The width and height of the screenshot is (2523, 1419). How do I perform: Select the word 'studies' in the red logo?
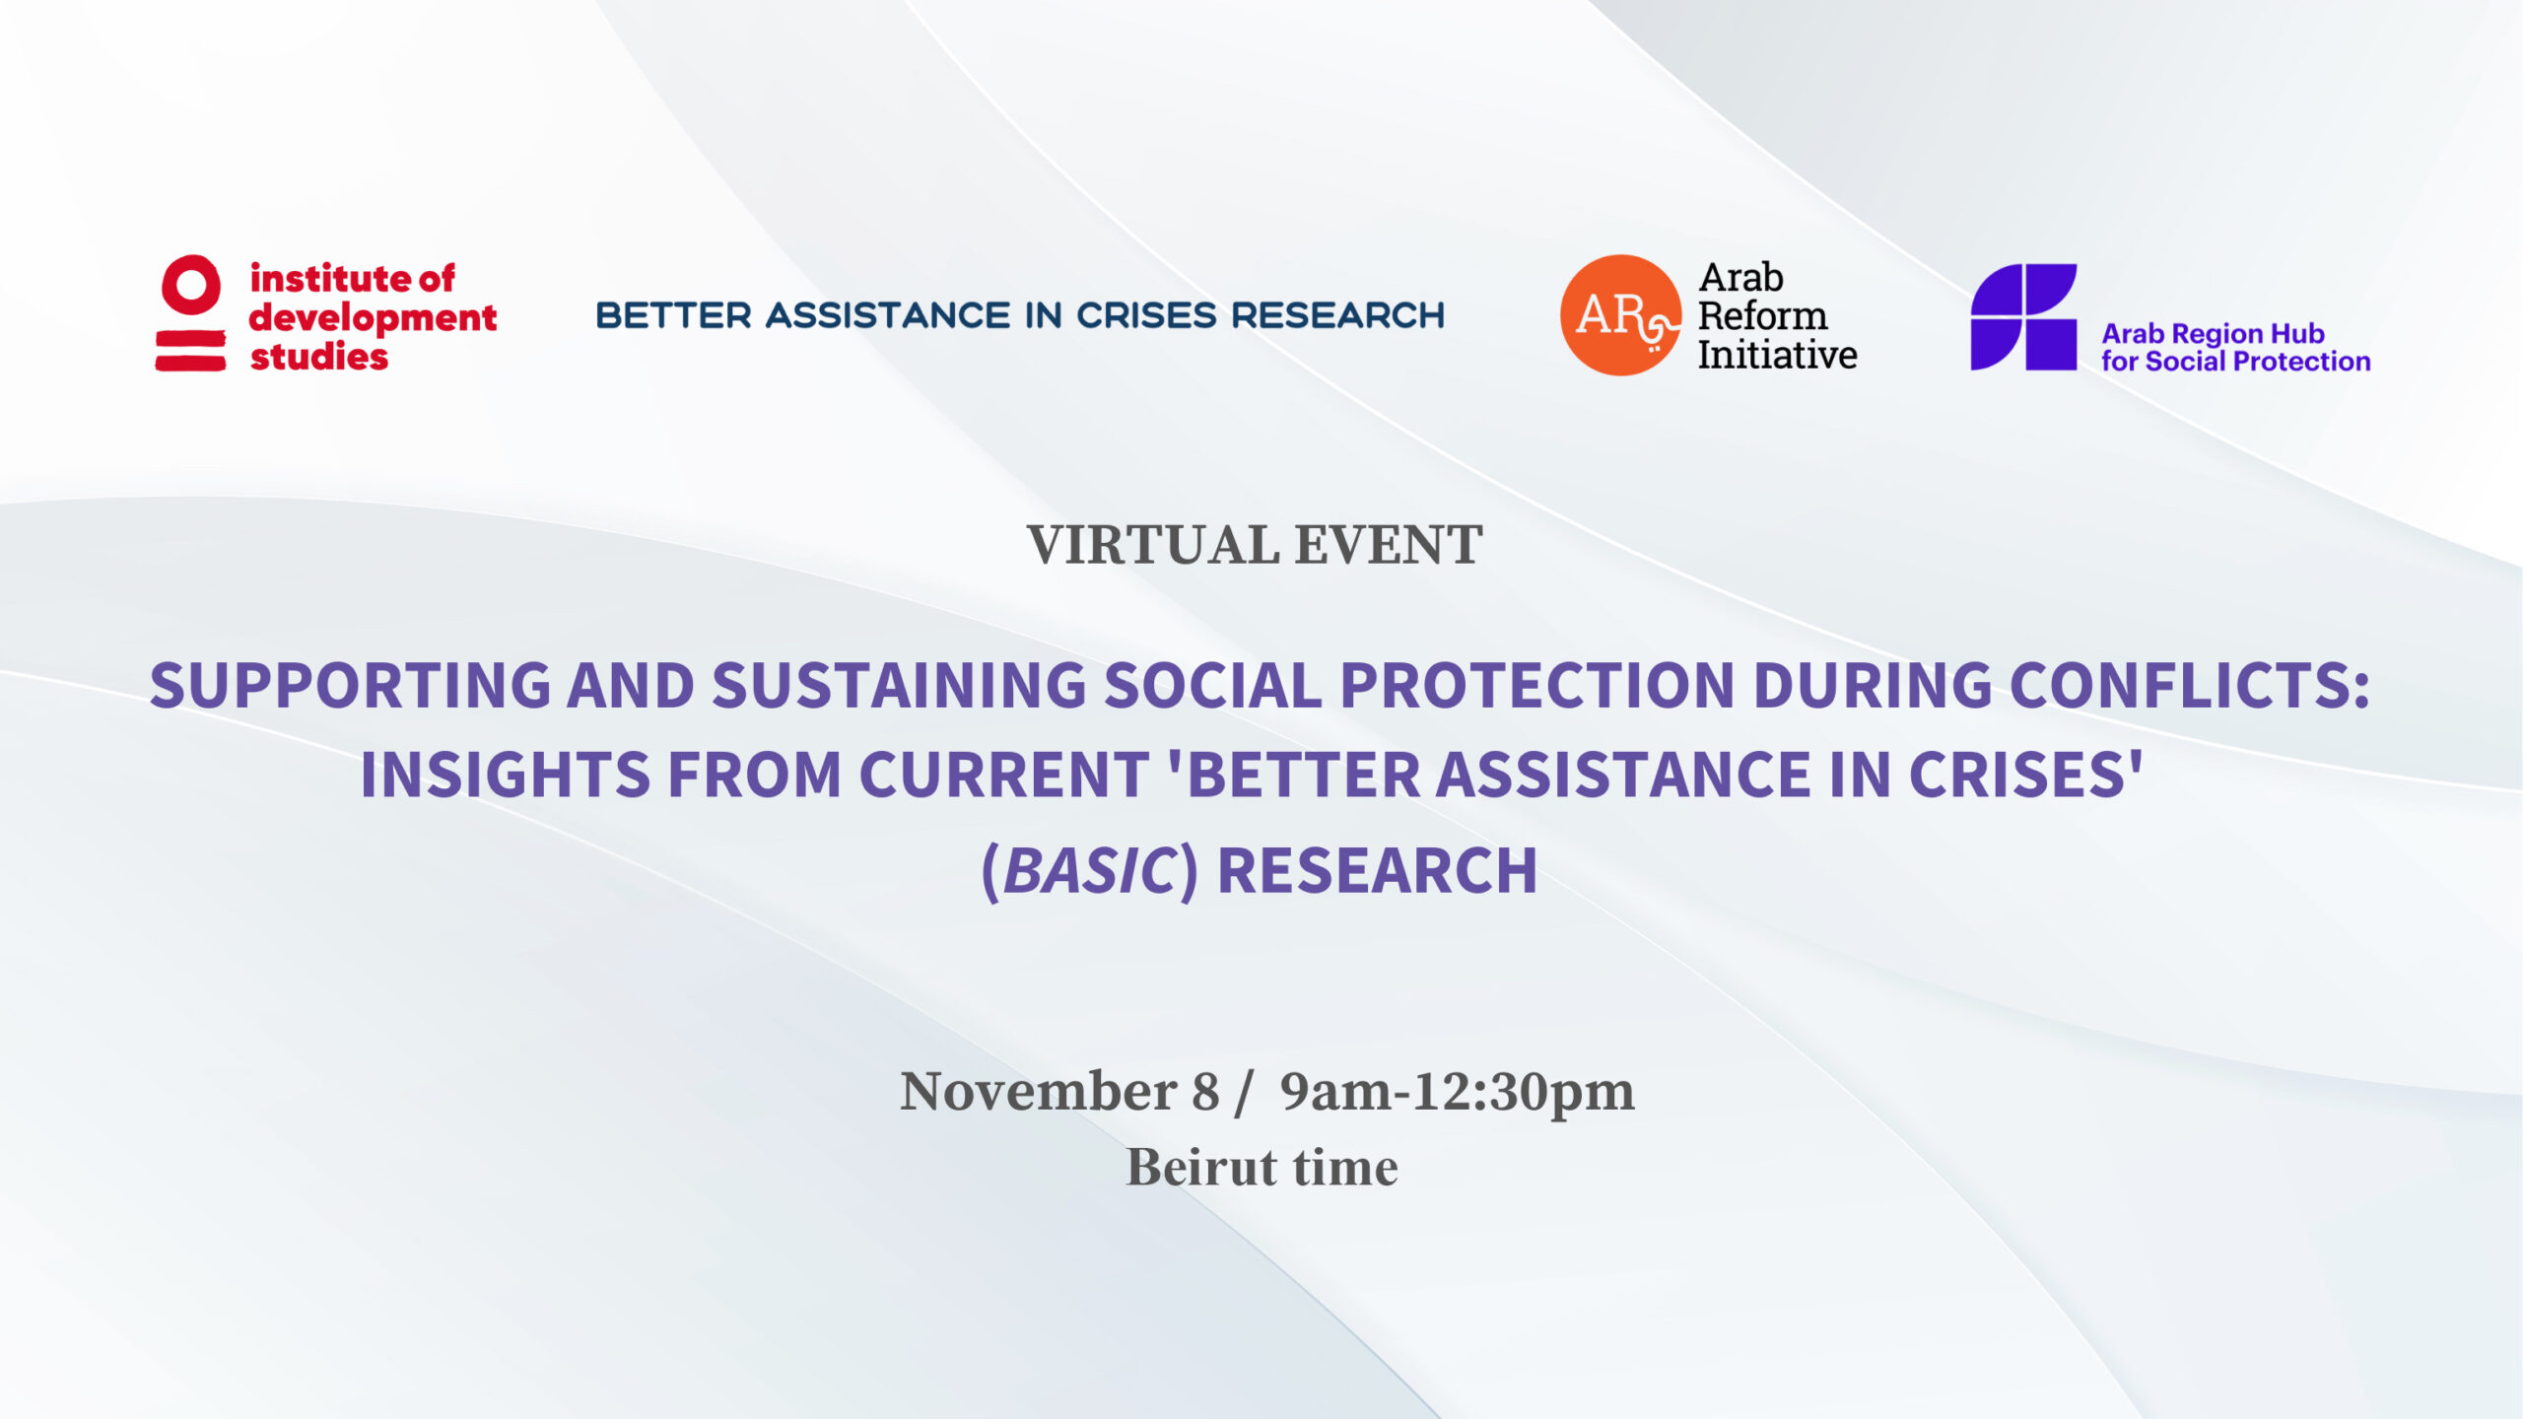point(319,357)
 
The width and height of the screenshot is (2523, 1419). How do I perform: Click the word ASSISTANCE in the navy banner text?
point(888,315)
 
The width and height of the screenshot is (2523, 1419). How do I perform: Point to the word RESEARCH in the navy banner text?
point(1337,315)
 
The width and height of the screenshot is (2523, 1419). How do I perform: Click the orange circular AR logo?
point(1621,315)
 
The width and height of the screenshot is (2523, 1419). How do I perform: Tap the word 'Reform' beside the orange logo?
point(1762,315)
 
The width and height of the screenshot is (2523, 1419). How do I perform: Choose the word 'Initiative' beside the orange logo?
point(1777,355)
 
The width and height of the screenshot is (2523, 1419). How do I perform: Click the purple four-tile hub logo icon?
point(2023,316)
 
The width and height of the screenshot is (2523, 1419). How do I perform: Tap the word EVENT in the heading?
point(1389,545)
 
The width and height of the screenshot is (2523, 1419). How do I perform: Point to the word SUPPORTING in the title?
point(350,685)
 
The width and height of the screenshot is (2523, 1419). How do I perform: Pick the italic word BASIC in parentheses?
point(1089,871)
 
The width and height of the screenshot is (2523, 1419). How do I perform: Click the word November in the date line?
point(1039,1092)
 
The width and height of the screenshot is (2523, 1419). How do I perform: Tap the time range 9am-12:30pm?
point(1458,1092)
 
